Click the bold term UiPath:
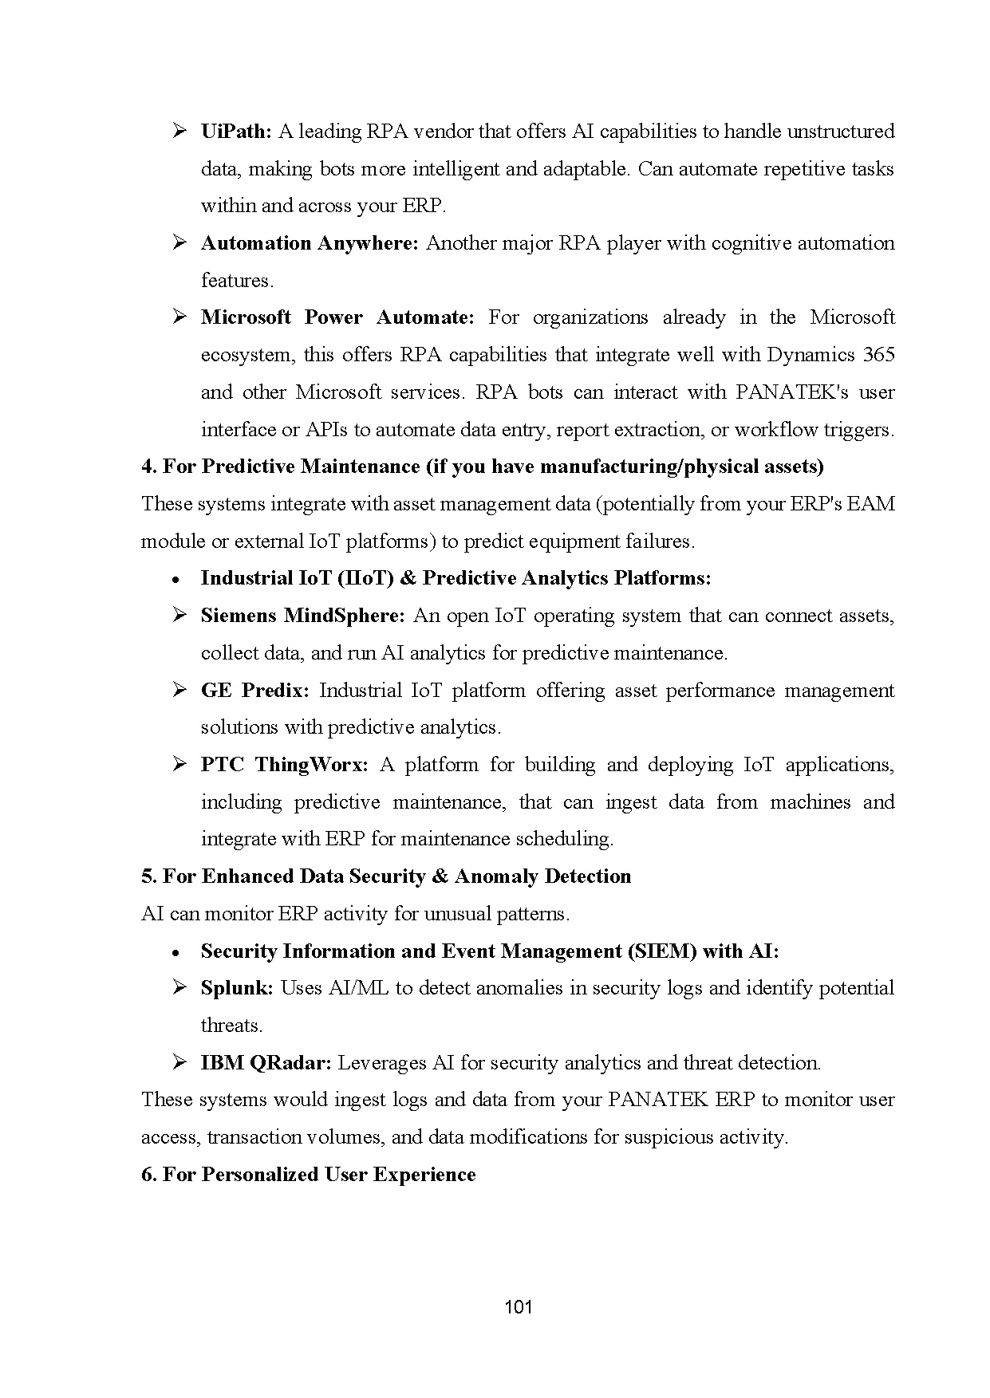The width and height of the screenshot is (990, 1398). (x=236, y=132)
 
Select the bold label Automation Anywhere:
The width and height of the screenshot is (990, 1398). (x=310, y=243)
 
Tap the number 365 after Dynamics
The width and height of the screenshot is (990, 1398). (x=878, y=355)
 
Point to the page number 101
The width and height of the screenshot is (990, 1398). (x=519, y=1307)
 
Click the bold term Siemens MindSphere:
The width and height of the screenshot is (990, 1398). (x=303, y=616)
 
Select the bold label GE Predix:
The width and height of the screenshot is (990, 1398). (x=254, y=691)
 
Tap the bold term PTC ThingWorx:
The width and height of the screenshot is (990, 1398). (x=284, y=765)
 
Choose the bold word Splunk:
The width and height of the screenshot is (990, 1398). (x=237, y=988)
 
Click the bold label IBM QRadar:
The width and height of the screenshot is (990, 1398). (x=266, y=1063)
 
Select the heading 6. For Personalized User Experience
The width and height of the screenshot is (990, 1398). (x=308, y=1175)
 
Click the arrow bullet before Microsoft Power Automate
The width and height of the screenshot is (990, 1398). (x=179, y=317)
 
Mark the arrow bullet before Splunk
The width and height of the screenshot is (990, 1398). (x=179, y=988)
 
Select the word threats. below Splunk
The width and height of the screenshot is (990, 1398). (x=231, y=1026)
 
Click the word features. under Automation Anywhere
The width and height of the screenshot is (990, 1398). (x=237, y=281)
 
